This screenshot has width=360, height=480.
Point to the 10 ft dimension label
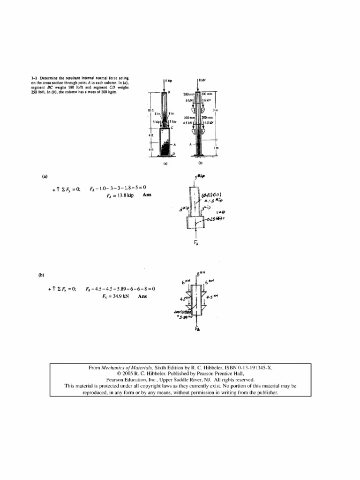pyautogui.click(x=151, y=111)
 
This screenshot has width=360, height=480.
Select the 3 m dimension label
pyautogui.click(x=217, y=110)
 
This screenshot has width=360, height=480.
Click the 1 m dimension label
pyautogui.click(x=217, y=149)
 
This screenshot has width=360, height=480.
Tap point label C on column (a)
pyautogui.click(x=172, y=127)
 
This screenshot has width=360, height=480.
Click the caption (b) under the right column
pyautogui.click(x=201, y=164)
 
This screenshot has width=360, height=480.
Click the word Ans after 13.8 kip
pyautogui.click(x=145, y=195)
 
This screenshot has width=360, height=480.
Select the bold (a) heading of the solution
pyautogui.click(x=45, y=177)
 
